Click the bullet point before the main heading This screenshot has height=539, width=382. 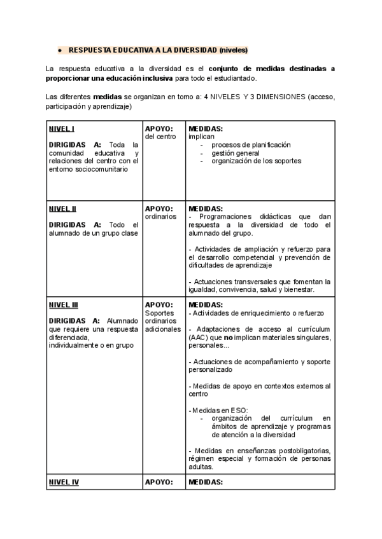[59, 50]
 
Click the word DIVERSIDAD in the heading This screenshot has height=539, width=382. [192, 50]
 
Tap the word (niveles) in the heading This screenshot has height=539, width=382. [233, 50]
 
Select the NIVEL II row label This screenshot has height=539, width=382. [62, 208]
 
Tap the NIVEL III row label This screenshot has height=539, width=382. [64, 304]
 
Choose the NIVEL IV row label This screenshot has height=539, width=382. [64, 482]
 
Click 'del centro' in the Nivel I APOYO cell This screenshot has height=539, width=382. [160, 136]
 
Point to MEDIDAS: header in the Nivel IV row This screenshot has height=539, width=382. [206, 482]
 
